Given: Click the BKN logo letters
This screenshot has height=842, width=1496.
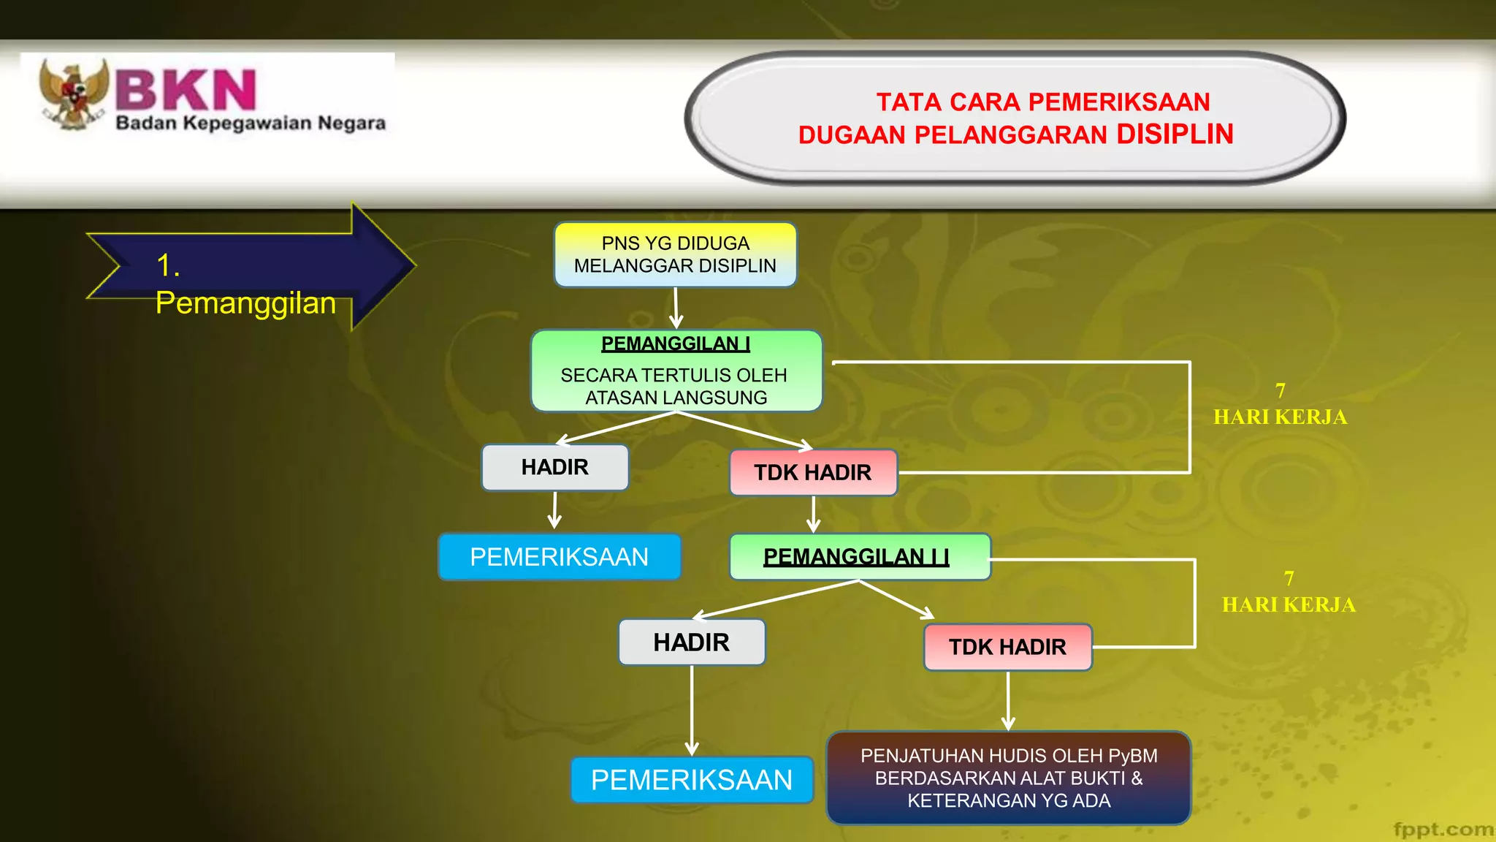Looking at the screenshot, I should [x=186, y=91].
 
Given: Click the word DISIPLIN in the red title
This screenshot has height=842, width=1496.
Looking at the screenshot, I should [x=1175, y=134].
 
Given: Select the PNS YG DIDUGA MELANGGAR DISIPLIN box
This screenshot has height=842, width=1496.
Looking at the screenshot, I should [x=675, y=254].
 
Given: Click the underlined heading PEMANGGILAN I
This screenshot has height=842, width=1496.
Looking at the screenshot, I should [x=675, y=344].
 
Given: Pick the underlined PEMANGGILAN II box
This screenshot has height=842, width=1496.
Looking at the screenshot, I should [x=859, y=557].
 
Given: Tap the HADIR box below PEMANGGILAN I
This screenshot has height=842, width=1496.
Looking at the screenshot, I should [x=555, y=467].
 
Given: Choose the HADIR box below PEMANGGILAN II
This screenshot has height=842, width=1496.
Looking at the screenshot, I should [x=691, y=642].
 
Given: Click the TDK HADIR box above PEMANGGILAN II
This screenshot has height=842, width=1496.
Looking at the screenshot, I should [x=813, y=472].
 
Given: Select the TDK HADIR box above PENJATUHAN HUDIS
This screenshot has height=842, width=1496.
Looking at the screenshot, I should [x=1007, y=647].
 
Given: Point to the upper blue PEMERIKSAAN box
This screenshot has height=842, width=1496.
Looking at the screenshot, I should [x=559, y=557].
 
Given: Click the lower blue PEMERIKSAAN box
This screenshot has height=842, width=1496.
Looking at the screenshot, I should [x=691, y=780].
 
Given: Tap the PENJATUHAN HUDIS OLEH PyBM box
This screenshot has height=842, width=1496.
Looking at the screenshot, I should [x=1009, y=778].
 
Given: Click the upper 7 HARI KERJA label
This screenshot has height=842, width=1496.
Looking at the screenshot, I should [x=1280, y=404].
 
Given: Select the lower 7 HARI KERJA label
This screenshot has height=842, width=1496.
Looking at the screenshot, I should [x=1289, y=592].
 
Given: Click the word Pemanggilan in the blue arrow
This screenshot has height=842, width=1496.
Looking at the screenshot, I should [x=245, y=303].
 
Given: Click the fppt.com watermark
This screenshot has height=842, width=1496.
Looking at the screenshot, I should [x=1443, y=829].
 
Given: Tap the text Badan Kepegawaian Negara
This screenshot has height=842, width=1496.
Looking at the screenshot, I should [x=251, y=123].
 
